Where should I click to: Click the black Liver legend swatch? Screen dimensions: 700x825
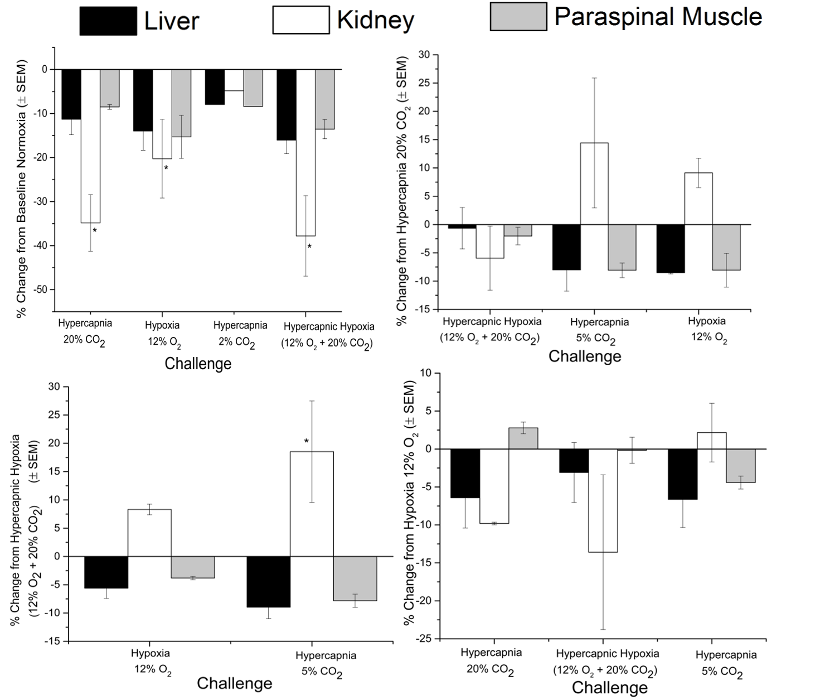[108, 21]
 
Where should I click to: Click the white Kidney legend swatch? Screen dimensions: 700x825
[300, 21]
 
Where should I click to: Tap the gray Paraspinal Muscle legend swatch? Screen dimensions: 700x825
[518, 17]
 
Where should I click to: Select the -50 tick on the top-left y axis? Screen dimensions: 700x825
[42, 289]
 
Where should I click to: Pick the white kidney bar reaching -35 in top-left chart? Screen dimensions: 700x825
[90, 146]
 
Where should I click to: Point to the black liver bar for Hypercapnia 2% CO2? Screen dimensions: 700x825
[215, 87]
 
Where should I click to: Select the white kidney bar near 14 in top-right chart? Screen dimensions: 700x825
[594, 184]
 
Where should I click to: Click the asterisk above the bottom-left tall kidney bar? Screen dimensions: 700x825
[307, 442]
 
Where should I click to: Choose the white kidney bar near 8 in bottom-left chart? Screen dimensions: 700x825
[149, 533]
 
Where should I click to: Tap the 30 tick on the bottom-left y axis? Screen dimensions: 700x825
[54, 387]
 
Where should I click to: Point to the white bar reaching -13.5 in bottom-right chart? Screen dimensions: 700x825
[603, 500]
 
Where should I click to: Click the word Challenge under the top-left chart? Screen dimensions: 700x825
[198, 364]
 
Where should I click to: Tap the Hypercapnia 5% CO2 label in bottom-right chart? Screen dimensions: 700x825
[726, 663]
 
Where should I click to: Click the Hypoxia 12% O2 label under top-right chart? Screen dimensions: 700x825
[707, 329]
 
